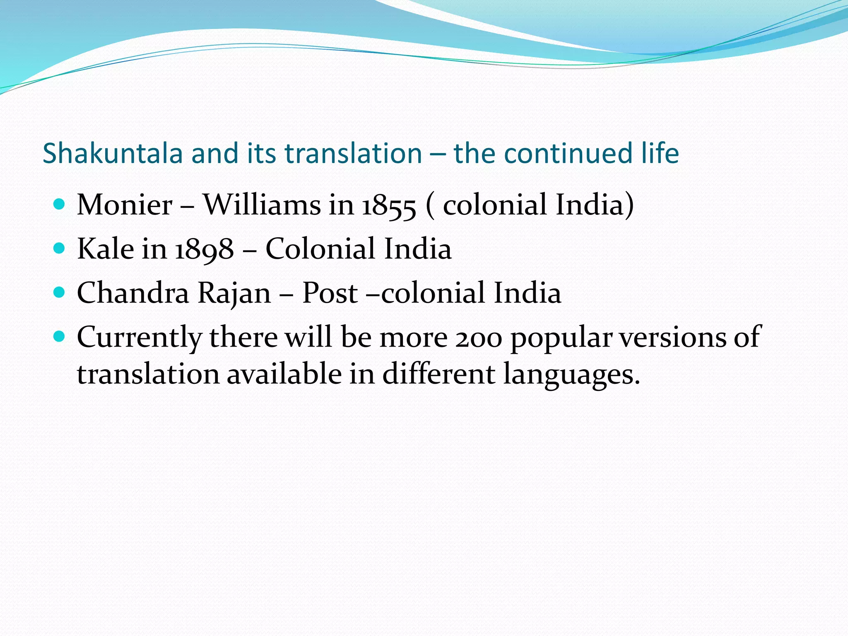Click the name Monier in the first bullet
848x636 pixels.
click(x=125, y=205)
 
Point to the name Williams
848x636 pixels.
click(x=262, y=205)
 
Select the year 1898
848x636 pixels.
click(x=204, y=250)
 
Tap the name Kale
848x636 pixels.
click(x=106, y=249)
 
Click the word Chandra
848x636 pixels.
click(x=133, y=293)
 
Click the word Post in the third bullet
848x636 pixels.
click(x=330, y=293)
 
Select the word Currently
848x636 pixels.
click(x=139, y=338)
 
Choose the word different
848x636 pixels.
click(x=438, y=374)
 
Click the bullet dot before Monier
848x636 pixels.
click(x=60, y=204)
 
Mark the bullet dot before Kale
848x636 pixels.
click(x=60, y=248)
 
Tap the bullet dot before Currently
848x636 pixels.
click(x=60, y=337)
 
